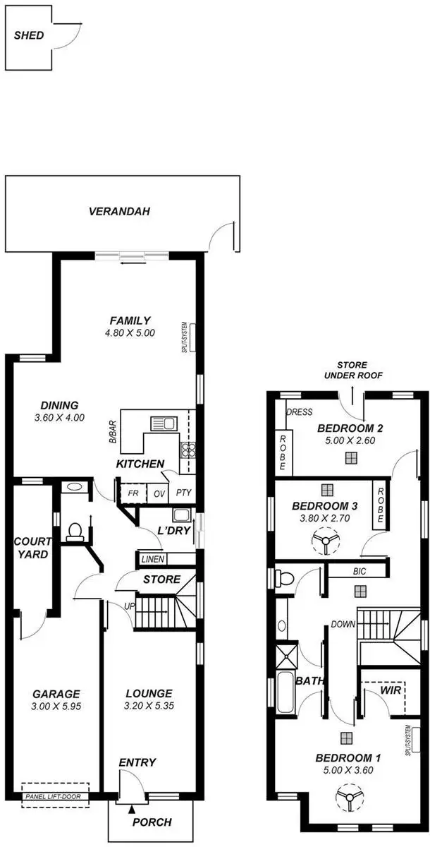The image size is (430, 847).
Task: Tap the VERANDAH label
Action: (119, 210)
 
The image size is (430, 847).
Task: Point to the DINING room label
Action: (59, 405)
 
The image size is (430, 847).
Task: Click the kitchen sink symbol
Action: (162, 423)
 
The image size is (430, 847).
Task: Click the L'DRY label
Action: (176, 530)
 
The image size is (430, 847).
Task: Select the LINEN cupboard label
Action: (153, 560)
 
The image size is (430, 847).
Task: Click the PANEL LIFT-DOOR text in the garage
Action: (53, 797)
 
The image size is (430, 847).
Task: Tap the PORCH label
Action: (152, 822)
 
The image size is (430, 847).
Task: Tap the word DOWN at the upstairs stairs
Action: (343, 624)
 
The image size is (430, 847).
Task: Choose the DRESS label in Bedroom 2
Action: (299, 412)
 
